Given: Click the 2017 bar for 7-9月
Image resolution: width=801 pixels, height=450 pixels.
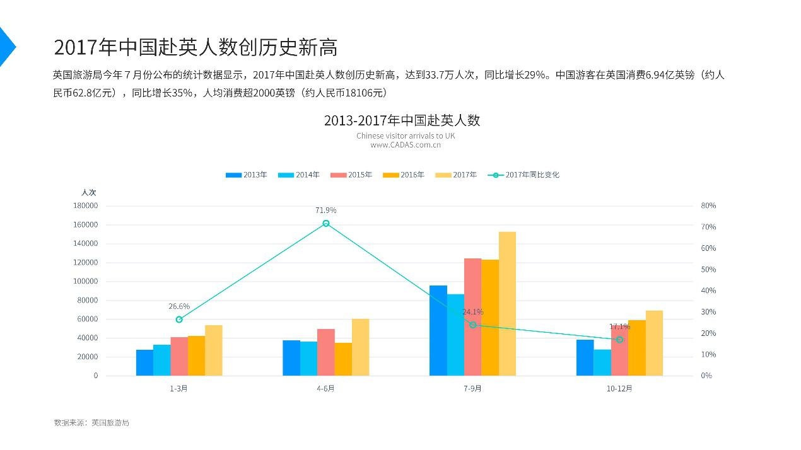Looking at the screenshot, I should click(507, 304).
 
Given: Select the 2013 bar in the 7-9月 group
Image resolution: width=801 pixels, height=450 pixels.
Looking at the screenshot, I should click(438, 330).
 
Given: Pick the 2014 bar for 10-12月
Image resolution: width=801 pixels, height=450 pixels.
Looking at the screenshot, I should click(602, 362).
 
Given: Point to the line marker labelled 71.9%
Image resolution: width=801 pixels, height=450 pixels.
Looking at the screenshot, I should click(326, 223).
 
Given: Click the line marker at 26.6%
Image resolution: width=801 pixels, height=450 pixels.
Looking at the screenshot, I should click(179, 320).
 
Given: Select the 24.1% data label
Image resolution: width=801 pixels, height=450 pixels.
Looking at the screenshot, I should click(473, 312).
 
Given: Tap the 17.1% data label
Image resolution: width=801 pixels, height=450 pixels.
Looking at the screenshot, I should click(619, 326).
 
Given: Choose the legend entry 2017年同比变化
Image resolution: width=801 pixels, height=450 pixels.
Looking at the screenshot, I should click(524, 175).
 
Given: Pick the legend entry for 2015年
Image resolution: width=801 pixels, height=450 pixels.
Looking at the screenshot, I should click(352, 175).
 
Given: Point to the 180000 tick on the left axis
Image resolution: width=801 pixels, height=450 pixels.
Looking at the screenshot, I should click(86, 205).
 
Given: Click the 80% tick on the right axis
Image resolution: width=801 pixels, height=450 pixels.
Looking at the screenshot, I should click(708, 205).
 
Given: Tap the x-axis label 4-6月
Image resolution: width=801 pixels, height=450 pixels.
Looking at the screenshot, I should click(326, 389).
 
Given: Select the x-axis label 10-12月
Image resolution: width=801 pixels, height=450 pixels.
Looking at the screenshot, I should click(619, 389).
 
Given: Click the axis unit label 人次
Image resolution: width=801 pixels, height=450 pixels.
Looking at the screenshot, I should click(89, 192).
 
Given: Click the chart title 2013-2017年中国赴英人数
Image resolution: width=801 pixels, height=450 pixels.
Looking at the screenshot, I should click(402, 120).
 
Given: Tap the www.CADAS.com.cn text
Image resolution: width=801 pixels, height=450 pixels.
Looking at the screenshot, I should click(406, 145).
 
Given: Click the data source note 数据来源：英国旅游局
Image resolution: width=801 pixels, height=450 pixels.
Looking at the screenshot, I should click(91, 423).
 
